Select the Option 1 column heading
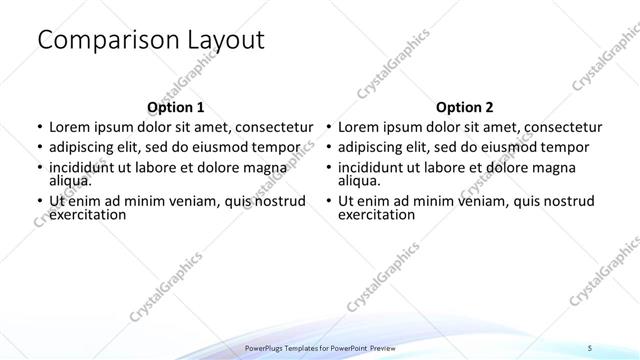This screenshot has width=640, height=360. point(175,107)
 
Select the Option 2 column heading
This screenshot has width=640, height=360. point(464,107)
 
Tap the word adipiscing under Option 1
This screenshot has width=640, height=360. point(87,147)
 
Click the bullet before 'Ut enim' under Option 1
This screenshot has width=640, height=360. point(38,200)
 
